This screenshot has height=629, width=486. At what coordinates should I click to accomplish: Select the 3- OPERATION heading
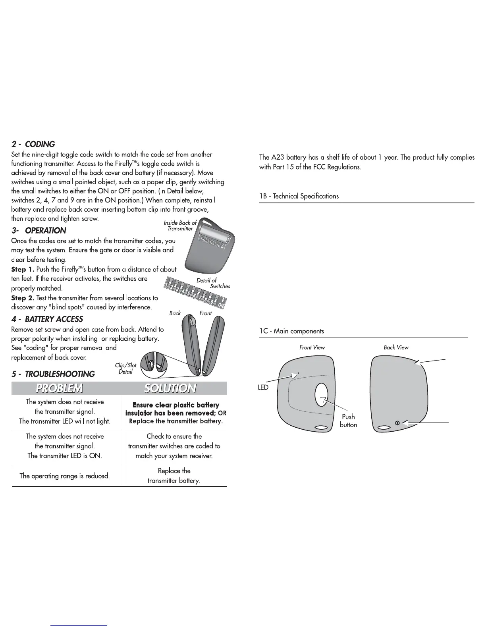pos(39,231)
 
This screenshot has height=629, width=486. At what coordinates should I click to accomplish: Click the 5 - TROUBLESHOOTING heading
pos(53,374)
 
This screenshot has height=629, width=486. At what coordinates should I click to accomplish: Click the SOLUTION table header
pos(170,388)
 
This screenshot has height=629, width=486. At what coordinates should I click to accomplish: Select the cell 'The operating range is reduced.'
pos(65,475)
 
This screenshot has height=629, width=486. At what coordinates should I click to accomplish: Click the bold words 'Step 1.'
pos(23,269)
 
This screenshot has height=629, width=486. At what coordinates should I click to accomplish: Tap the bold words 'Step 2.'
pos(23,298)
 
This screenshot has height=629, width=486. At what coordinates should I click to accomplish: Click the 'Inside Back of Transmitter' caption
pos(180,226)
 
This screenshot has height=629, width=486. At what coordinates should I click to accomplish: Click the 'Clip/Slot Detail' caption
pos(125,369)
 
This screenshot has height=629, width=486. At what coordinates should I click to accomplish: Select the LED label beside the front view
pos(263,388)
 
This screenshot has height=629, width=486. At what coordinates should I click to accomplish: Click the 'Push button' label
pos(348,421)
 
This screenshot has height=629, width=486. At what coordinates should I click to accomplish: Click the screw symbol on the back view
pos(397,423)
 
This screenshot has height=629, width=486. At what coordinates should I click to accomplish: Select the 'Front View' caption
pos(312,347)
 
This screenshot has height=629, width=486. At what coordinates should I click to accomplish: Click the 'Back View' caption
pos(396,347)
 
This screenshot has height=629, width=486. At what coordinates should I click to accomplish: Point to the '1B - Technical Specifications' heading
pos(299,196)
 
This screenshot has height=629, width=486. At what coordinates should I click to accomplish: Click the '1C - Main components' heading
pos(291,331)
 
